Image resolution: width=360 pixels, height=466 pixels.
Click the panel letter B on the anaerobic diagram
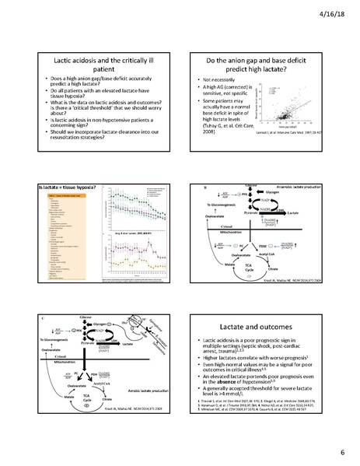[x=204, y=187]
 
